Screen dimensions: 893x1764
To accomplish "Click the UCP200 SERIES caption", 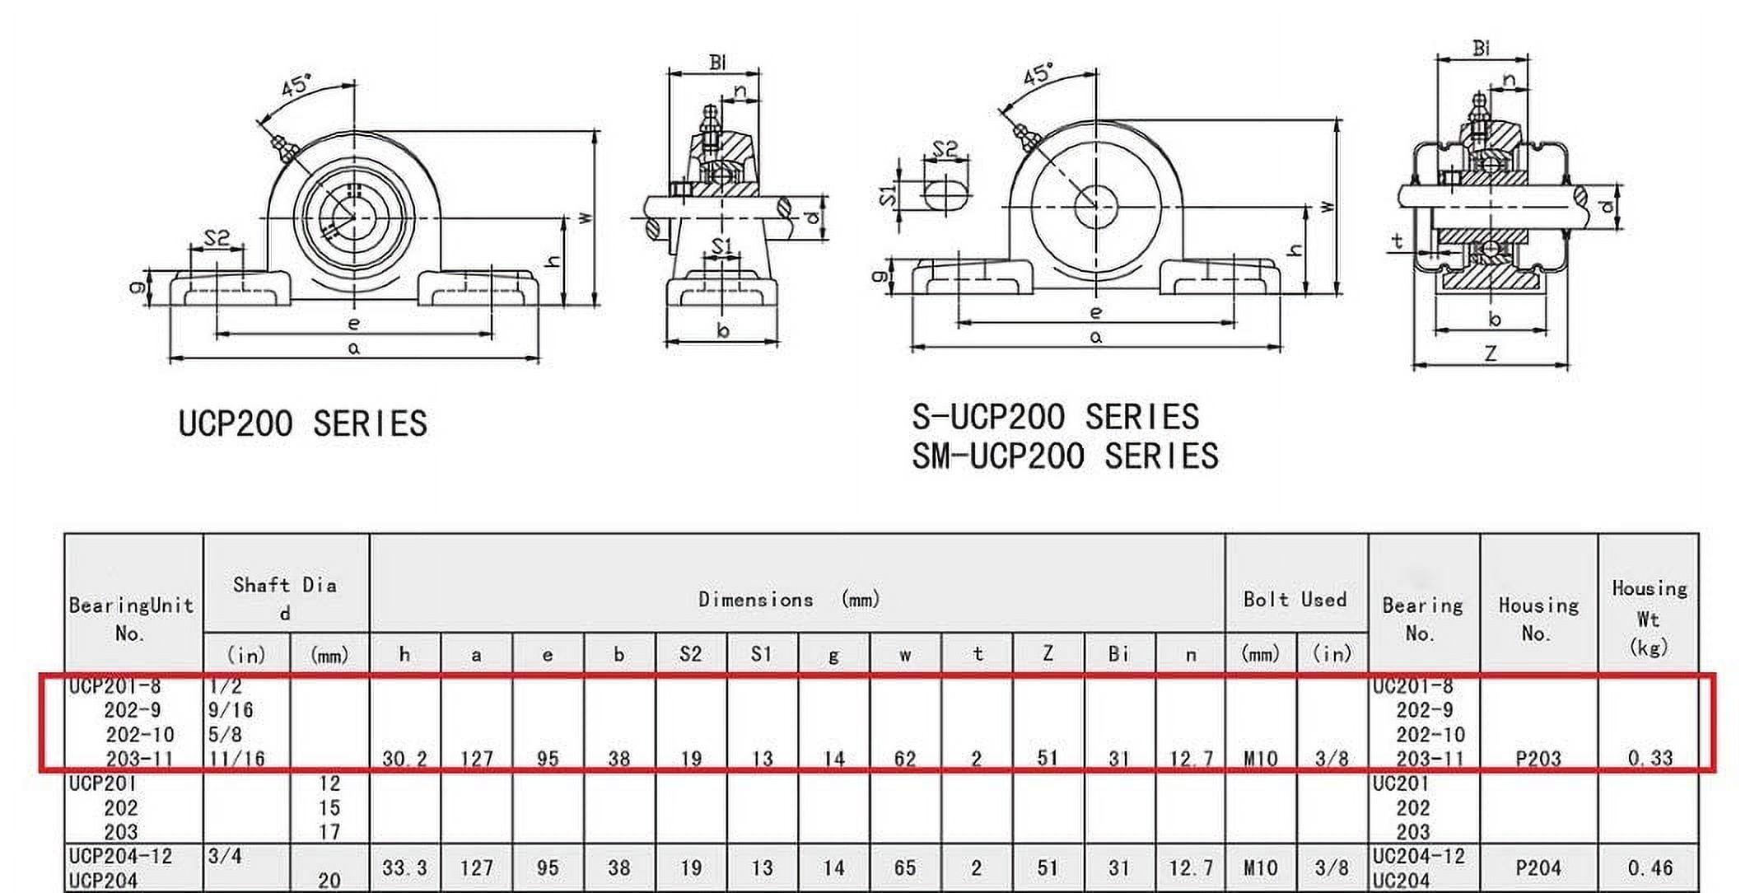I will click(x=302, y=424).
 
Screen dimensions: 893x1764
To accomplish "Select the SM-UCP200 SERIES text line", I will click(x=1064, y=456).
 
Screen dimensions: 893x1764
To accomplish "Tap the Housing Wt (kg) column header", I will click(x=1648, y=617).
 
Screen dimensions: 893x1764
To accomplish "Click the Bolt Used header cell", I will click(x=1295, y=599).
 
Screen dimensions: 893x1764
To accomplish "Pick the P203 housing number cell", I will click(x=1538, y=758).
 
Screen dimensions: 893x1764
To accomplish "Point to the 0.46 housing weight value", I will click(x=1650, y=867).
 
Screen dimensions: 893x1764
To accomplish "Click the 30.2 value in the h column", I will click(x=404, y=759).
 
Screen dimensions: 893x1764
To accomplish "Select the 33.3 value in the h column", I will click(x=404, y=867).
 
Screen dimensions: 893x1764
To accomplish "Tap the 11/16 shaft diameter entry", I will click(x=236, y=758).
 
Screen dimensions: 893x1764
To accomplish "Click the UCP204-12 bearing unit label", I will click(x=121, y=856).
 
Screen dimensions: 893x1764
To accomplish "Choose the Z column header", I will click(x=1048, y=654).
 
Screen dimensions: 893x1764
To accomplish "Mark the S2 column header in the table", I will click(x=690, y=654).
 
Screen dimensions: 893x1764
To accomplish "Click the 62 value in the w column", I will click(x=905, y=758).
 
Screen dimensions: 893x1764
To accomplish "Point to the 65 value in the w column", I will click(x=905, y=867).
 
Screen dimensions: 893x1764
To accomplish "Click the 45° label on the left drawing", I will click(x=296, y=85).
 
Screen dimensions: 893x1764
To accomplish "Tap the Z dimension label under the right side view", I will click(x=1491, y=353).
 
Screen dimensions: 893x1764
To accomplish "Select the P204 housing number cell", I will click(x=1538, y=867).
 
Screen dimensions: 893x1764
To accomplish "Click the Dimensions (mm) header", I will click(x=789, y=599).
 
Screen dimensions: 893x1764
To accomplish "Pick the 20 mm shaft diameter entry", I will click(x=329, y=880).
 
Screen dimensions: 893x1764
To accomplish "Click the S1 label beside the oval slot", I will click(x=887, y=195).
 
